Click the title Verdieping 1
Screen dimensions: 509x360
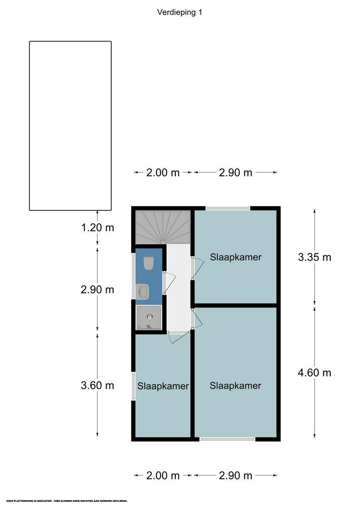(x=180, y=12)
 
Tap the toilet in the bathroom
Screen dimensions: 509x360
(x=149, y=263)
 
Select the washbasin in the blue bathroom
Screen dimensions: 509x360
(x=143, y=291)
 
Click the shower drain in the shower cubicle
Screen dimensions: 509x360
(x=149, y=316)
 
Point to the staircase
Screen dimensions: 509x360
(x=163, y=227)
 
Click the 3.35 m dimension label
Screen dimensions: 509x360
(x=314, y=257)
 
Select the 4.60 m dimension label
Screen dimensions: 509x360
(x=314, y=372)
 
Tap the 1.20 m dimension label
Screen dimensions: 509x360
(x=98, y=227)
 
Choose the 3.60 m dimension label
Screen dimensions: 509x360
(x=98, y=385)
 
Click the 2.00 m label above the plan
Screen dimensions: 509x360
(x=163, y=172)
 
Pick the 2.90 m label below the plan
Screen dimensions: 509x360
(x=235, y=475)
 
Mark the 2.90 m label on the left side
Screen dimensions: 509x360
(x=98, y=289)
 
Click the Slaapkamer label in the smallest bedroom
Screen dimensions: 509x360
(x=163, y=386)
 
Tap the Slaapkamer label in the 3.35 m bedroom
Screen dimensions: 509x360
(x=236, y=257)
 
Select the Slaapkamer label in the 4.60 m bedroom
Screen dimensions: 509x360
(x=235, y=386)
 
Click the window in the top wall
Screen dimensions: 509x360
(x=228, y=208)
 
